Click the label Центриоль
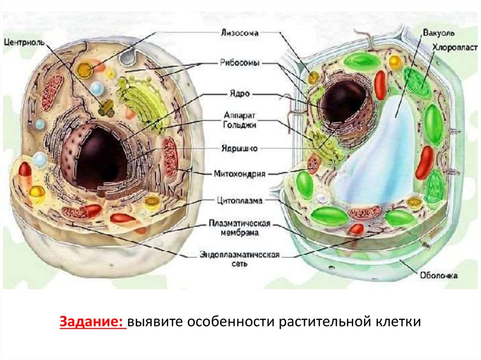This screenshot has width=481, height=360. tap(24, 42)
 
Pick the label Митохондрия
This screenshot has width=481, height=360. tap(240, 174)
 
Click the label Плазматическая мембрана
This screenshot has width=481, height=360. tap(240, 228)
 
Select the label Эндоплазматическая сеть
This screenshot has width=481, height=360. tap(240, 260)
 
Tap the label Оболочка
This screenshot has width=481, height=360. tap(438, 276)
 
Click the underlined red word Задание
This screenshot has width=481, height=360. tap(92, 323)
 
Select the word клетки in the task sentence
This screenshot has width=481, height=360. tap(398, 323)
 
